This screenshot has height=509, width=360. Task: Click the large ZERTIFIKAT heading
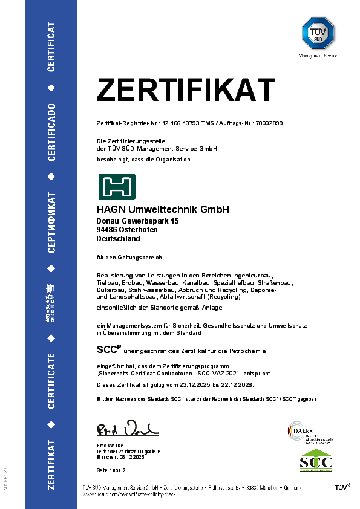186,91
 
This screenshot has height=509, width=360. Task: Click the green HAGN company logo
117,187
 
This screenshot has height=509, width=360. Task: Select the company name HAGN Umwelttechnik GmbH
163,210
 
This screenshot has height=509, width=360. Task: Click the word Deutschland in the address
119,238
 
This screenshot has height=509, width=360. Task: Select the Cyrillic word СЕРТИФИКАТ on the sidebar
51,222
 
